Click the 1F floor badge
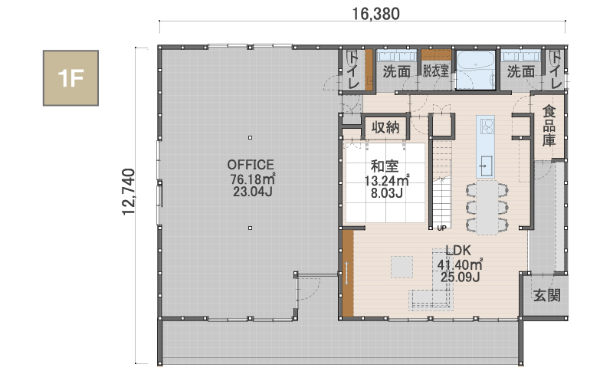70,78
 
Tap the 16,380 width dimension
375,14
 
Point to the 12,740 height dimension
128,192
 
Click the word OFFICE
251,165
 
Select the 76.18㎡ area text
253,179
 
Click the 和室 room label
385,166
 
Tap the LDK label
457,251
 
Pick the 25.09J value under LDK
461,277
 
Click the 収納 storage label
385,127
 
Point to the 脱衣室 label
435,71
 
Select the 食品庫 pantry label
549,126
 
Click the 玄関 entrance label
547,295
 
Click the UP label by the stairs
441,228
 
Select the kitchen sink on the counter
486,166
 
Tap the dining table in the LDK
487,207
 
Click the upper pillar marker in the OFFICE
251,137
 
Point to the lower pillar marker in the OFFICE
251,228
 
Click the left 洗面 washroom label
396,71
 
